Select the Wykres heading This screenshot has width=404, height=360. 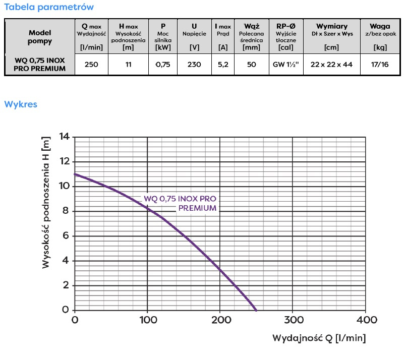[x=21, y=104]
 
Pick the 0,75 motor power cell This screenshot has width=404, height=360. [x=163, y=65]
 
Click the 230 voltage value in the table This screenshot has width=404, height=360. [x=194, y=65]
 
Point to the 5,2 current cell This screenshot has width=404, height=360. [x=222, y=65]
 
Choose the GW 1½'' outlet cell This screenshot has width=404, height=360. [x=285, y=65]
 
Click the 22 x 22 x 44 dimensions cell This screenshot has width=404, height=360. [x=331, y=65]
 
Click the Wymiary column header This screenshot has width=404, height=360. [x=331, y=26]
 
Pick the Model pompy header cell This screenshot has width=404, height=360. [x=40, y=36]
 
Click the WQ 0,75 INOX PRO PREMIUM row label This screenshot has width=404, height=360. [x=40, y=65]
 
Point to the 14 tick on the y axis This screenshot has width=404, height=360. [x=64, y=137]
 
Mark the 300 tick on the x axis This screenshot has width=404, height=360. [x=294, y=320]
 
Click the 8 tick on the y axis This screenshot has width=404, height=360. [x=66, y=211]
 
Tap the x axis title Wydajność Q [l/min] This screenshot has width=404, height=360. [x=319, y=337]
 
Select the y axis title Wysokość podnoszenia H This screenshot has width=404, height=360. [x=46, y=203]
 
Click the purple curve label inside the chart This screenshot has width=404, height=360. [x=180, y=203]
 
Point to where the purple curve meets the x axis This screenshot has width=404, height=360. [x=256, y=310]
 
